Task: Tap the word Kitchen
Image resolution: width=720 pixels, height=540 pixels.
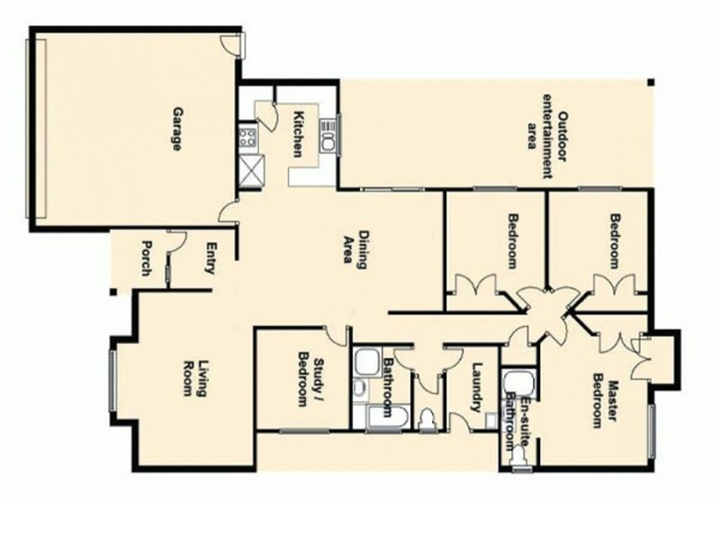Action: (299, 134)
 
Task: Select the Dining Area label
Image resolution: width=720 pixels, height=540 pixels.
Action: (356, 248)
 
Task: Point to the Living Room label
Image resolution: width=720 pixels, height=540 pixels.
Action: (194, 378)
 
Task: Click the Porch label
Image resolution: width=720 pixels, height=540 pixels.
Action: (147, 258)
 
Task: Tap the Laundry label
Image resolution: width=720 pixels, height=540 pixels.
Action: (477, 387)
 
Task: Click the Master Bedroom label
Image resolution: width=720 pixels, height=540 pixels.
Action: (604, 404)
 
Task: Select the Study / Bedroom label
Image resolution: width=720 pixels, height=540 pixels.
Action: (310, 379)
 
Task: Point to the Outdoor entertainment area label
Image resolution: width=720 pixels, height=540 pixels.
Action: (547, 137)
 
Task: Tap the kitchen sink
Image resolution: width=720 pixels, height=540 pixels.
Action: (328, 136)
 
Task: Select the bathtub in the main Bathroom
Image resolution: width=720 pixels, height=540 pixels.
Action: (387, 417)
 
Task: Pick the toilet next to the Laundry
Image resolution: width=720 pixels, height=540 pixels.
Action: (428, 419)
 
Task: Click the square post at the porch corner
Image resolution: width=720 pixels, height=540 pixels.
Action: (113, 292)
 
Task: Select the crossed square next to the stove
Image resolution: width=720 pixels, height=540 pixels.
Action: (252, 170)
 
